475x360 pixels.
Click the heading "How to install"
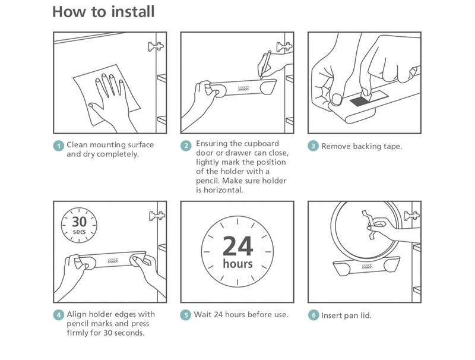click(x=103, y=12)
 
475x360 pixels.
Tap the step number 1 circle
click(x=58, y=146)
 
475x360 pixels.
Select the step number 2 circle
click(x=186, y=146)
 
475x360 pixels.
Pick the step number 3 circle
click(x=313, y=146)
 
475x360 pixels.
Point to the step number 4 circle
click(x=58, y=315)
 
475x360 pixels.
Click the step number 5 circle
click(x=186, y=315)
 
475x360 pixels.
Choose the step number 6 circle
click(x=313, y=315)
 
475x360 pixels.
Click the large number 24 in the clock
click(x=238, y=246)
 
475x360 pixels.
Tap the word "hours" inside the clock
click(x=238, y=264)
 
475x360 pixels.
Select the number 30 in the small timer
click(x=79, y=222)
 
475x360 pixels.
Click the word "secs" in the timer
click(x=79, y=232)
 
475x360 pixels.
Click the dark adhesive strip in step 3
click(x=361, y=101)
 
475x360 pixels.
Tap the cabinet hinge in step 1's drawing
click(x=156, y=46)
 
